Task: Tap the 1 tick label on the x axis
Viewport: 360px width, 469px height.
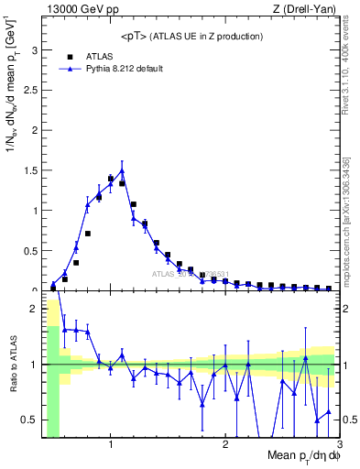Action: (111, 446)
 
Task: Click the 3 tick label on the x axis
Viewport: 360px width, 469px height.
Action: (338, 446)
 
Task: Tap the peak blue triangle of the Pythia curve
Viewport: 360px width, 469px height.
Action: (122, 170)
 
